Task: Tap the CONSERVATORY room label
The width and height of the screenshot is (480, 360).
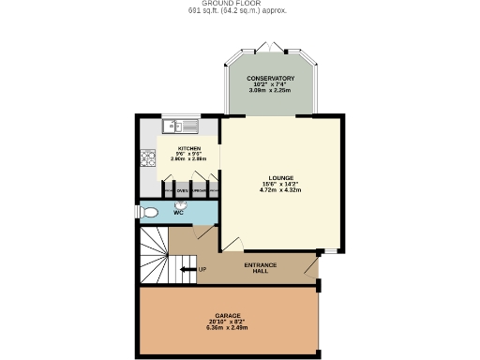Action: click(x=270, y=78)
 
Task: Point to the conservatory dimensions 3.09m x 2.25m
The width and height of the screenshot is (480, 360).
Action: click(x=270, y=90)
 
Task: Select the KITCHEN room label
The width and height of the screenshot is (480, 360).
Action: click(x=189, y=148)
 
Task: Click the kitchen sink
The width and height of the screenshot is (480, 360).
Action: click(x=179, y=126)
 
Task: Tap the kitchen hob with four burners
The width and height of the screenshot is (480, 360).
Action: click(x=146, y=159)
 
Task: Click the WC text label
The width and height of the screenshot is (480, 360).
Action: click(x=177, y=213)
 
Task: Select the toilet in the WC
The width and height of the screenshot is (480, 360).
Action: click(x=148, y=213)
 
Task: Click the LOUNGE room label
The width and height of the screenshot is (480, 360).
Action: click(x=281, y=177)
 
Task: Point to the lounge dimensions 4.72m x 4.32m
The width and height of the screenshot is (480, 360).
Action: click(x=281, y=190)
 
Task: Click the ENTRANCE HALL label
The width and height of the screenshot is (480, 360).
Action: click(x=261, y=267)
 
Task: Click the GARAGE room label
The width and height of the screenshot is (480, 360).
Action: click(x=228, y=315)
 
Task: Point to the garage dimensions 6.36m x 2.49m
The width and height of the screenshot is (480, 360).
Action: click(x=228, y=328)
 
